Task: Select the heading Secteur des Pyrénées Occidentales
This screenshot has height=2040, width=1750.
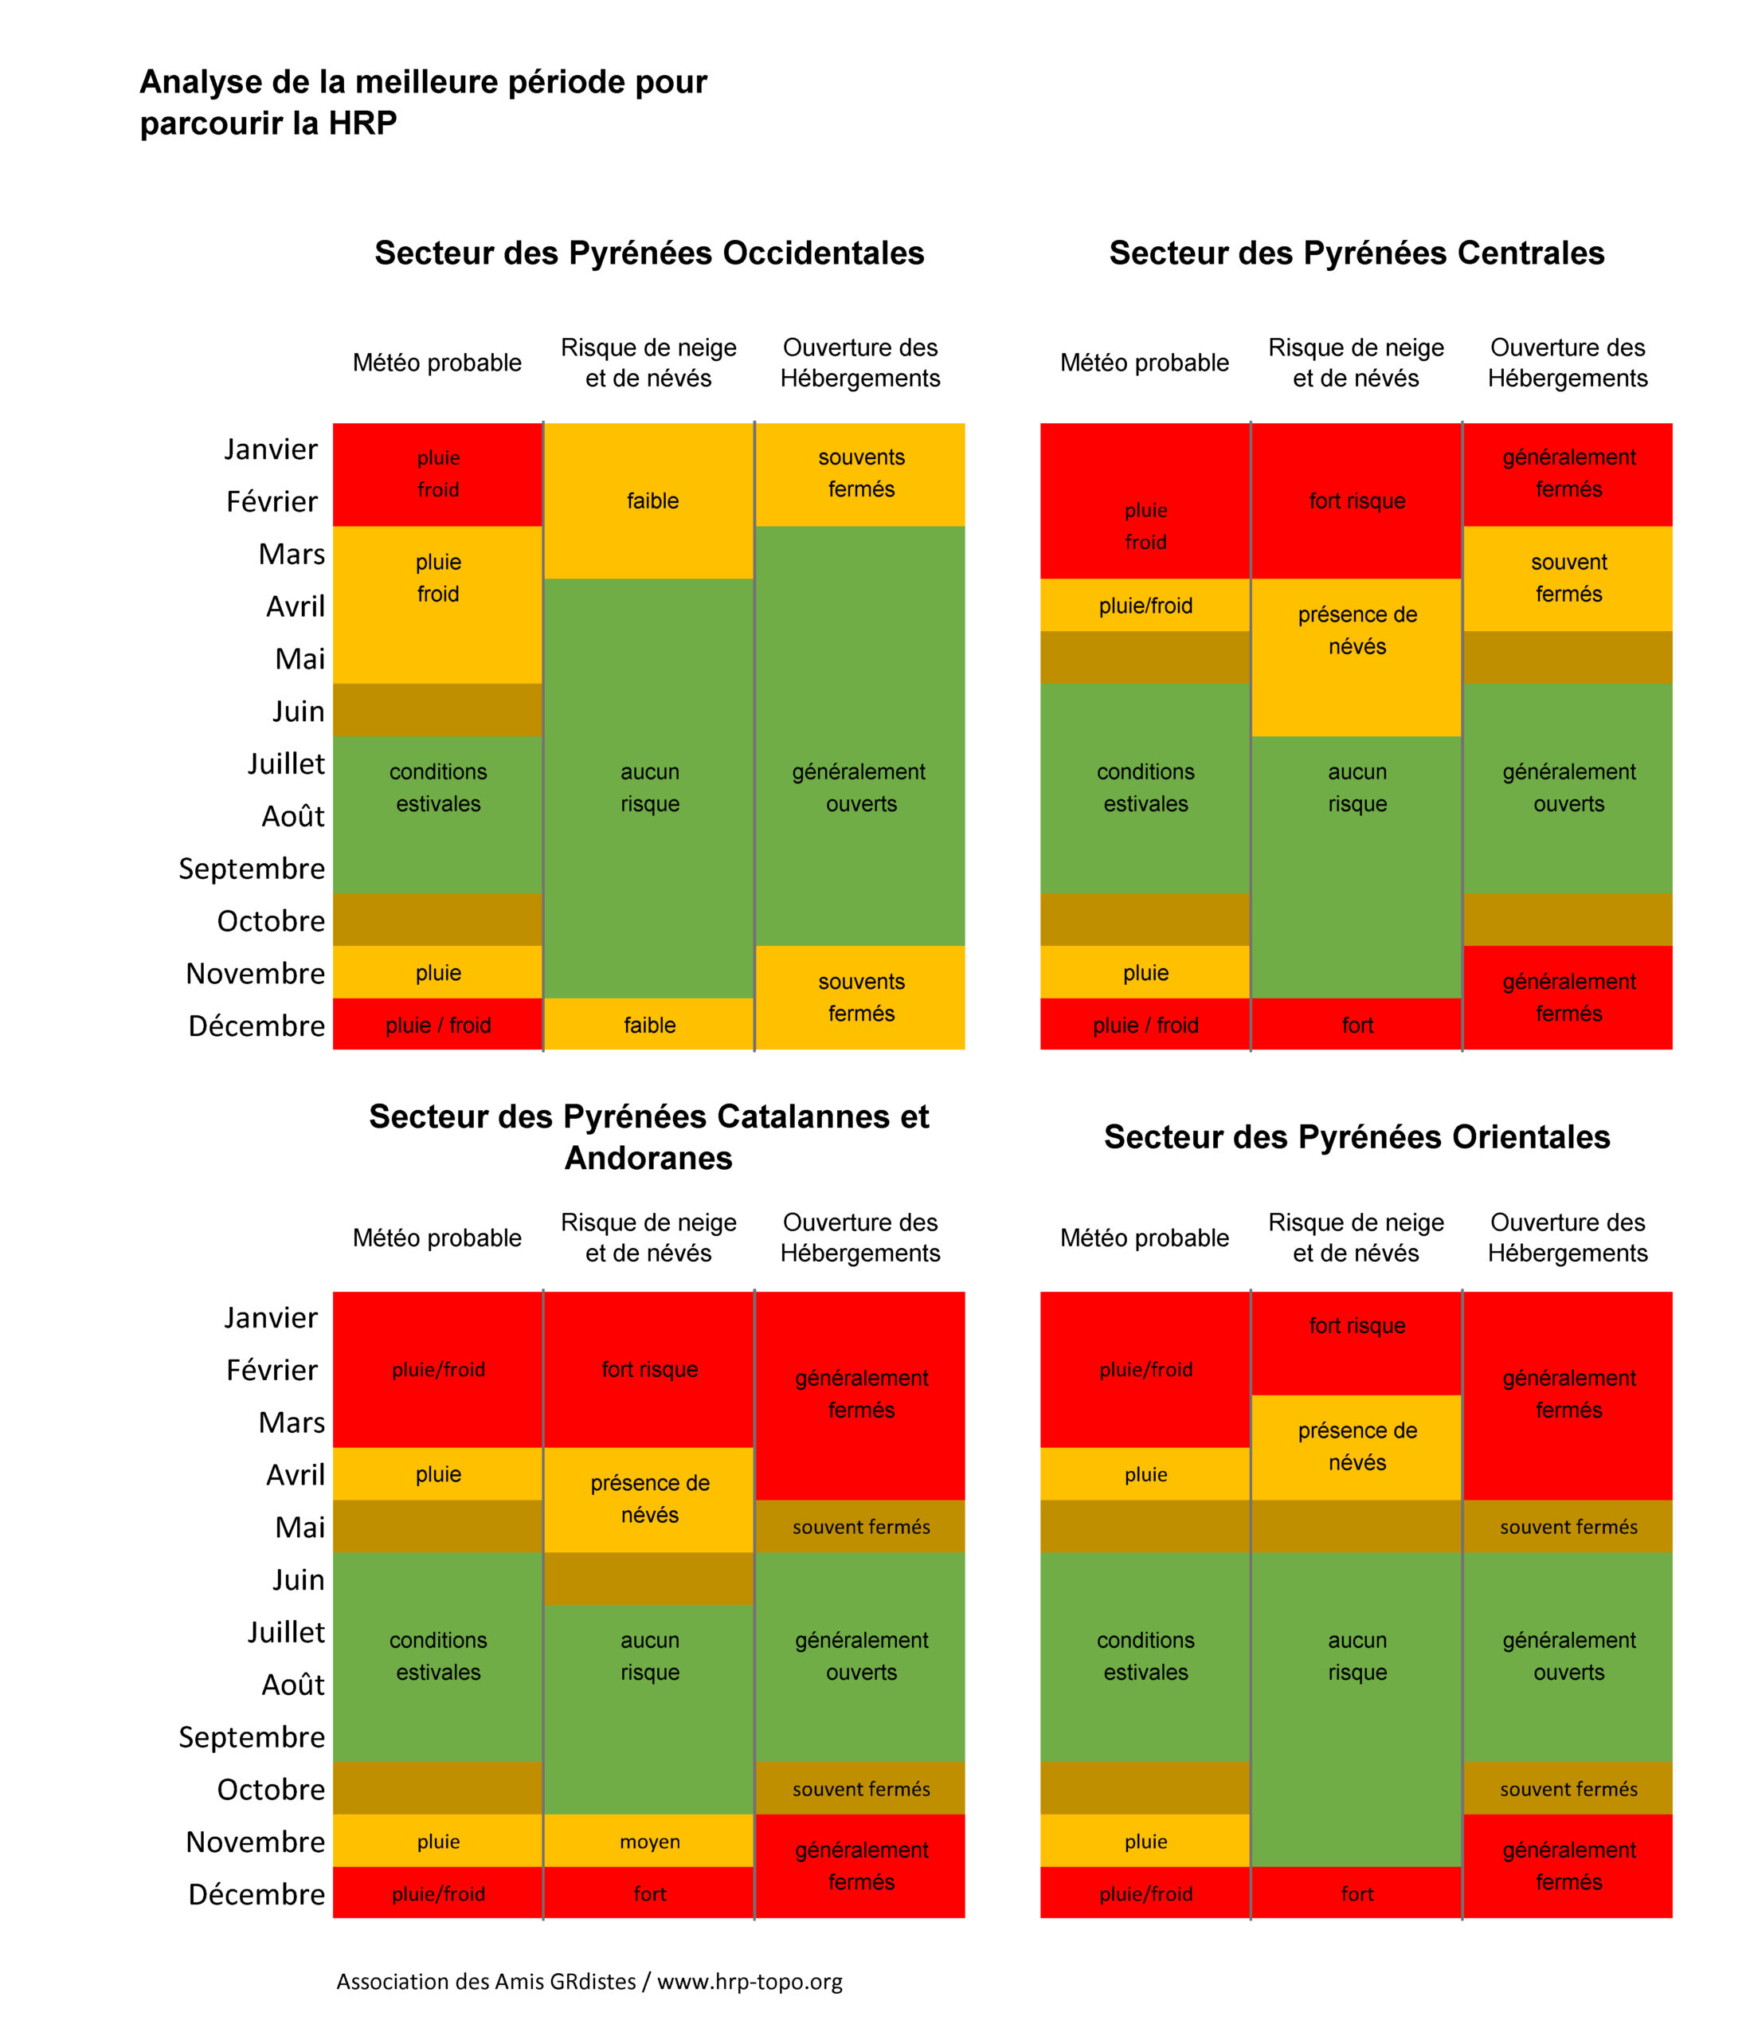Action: pyautogui.click(x=648, y=253)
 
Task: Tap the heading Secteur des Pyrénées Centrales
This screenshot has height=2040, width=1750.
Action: pyautogui.click(x=1356, y=253)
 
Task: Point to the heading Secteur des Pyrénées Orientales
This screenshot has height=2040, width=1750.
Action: pyautogui.click(x=1356, y=1136)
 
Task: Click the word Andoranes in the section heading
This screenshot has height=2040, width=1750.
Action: pyautogui.click(x=648, y=1158)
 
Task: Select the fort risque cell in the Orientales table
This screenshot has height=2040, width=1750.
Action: pyautogui.click(x=1357, y=1325)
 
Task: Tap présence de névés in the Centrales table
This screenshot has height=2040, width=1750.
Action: pyautogui.click(x=1357, y=630)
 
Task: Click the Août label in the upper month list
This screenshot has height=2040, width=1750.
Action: pyautogui.click(x=292, y=816)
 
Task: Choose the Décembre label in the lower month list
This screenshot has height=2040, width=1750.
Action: pyautogui.click(x=256, y=1893)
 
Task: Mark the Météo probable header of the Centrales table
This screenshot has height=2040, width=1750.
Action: pyautogui.click(x=1144, y=363)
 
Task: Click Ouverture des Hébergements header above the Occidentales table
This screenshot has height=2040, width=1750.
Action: pyautogui.click(x=859, y=363)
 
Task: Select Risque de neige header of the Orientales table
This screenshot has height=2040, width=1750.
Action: pyautogui.click(x=1356, y=1238)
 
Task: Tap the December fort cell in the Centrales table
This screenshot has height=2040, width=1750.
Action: pyautogui.click(x=1357, y=1025)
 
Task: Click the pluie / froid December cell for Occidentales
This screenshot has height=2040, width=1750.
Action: pyautogui.click(x=438, y=1025)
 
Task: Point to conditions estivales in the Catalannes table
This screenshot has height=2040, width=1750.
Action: pyautogui.click(x=438, y=1656)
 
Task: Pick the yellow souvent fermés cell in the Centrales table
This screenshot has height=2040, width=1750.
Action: pyautogui.click(x=1568, y=578)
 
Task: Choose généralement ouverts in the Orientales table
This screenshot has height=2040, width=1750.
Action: pyautogui.click(x=1568, y=1656)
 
